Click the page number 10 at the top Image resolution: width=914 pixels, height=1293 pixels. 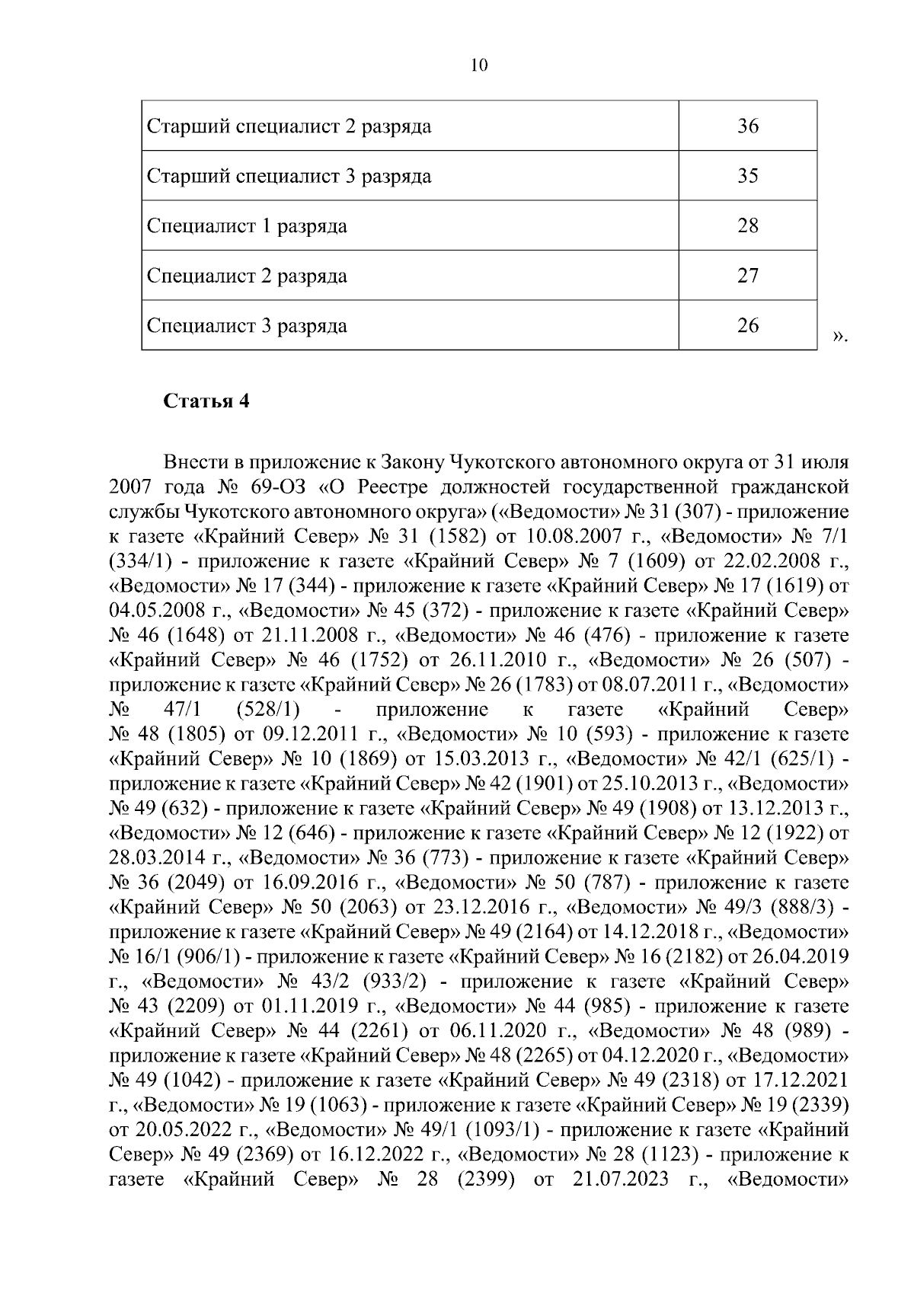pyautogui.click(x=479, y=65)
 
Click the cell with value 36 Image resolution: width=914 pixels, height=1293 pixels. pyautogui.click(x=748, y=126)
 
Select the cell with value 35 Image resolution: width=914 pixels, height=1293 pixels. pyautogui.click(x=748, y=176)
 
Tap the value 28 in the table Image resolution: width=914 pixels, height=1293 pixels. pyautogui.click(x=748, y=226)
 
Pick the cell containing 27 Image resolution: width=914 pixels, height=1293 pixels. pyautogui.click(x=748, y=276)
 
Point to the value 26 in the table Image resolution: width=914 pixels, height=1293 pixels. pyautogui.click(x=748, y=326)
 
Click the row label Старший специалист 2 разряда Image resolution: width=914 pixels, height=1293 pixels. pyautogui.click(x=289, y=126)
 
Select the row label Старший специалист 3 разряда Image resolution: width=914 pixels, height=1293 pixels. pyautogui.click(x=289, y=177)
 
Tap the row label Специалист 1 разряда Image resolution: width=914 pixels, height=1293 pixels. pyautogui.click(x=247, y=226)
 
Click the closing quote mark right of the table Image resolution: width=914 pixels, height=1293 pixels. pyautogui.click(x=839, y=336)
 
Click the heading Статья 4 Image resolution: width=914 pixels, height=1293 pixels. pyautogui.click(x=207, y=401)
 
